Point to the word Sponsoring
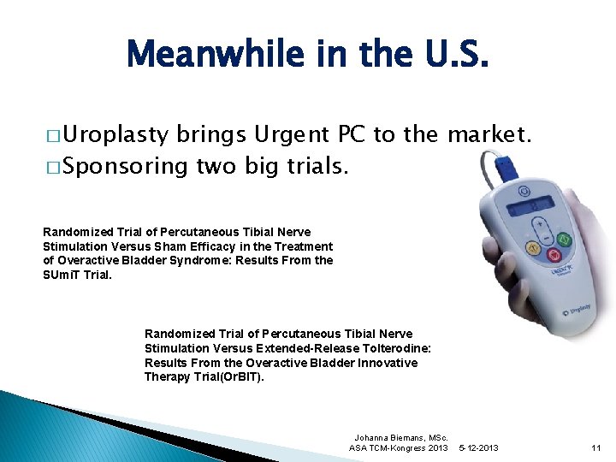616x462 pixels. point(125,165)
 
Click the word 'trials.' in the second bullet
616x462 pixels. point(312,165)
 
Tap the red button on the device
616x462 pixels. point(554,256)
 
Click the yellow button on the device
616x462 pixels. point(533,250)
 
